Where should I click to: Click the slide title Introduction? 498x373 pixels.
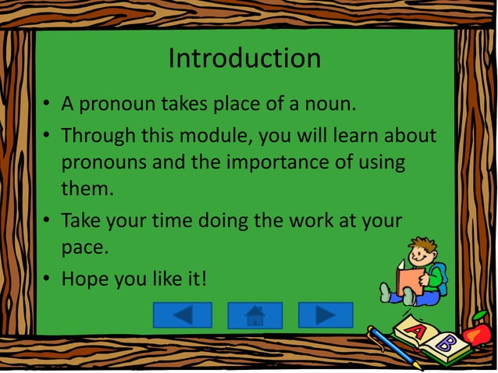point(244,59)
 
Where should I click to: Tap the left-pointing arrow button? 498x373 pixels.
point(182,314)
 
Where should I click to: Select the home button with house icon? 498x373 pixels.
point(254,315)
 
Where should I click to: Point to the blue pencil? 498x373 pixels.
point(394,346)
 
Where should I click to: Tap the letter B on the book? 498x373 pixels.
point(445,343)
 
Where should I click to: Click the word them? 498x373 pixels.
point(84,189)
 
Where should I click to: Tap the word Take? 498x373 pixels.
point(81,221)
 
